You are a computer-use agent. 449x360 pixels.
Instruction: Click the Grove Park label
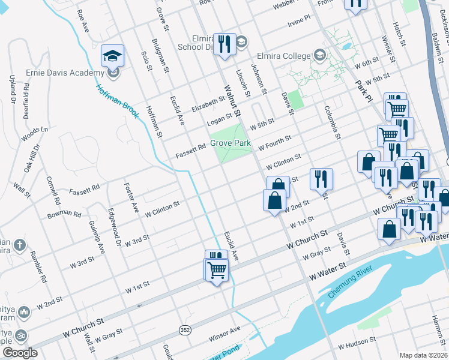pos(230,144)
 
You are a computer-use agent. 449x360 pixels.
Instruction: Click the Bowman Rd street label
pos(65,213)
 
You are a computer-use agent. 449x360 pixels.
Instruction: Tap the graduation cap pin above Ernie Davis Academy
pos(113,56)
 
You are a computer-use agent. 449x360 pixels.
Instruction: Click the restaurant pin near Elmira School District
pos(224,44)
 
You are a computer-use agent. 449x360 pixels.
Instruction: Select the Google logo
pos(20,353)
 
